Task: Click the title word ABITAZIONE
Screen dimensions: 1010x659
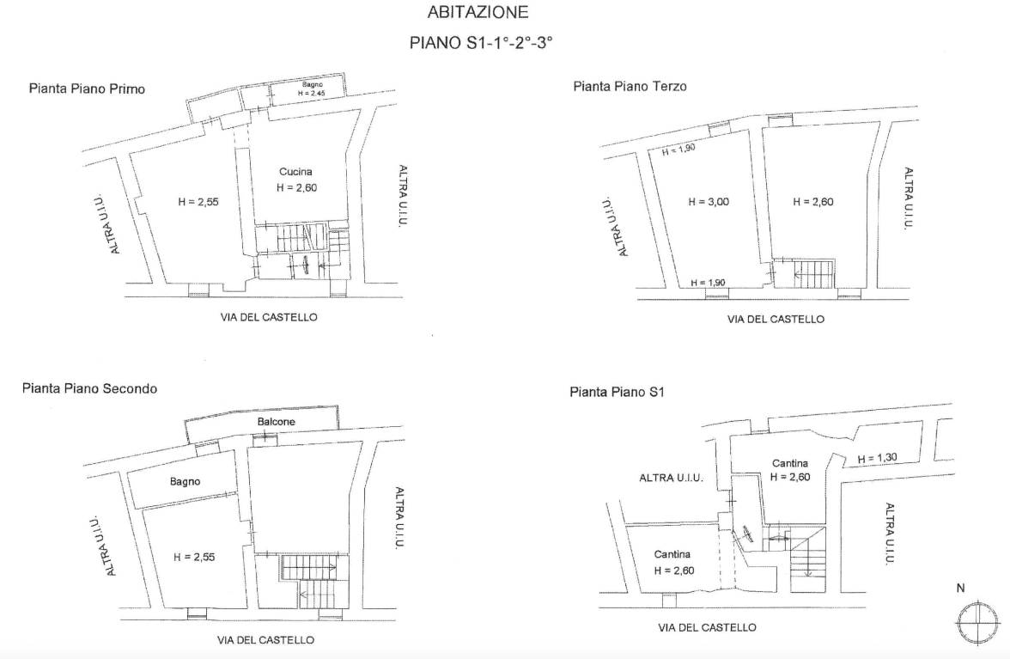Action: (478, 11)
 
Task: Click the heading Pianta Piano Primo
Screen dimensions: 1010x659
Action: (87, 88)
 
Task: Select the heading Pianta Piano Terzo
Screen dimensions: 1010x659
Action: (630, 86)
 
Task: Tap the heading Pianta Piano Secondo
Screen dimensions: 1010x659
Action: (89, 388)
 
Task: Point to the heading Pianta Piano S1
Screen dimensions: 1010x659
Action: (617, 392)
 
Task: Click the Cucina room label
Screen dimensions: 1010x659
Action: (295, 171)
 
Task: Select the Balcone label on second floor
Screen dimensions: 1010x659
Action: (277, 421)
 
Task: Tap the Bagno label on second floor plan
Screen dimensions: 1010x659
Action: (185, 481)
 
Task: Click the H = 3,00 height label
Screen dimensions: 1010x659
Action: (709, 202)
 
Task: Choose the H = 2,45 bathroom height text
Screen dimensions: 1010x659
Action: (312, 94)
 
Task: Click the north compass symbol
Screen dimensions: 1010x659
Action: (977, 624)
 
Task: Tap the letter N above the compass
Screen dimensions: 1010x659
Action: (960, 589)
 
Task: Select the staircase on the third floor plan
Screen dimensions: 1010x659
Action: (813, 274)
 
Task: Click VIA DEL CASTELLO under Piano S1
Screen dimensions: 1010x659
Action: (708, 627)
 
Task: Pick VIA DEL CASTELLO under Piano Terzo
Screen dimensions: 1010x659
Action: (776, 319)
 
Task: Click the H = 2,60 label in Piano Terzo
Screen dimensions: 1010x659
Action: (813, 202)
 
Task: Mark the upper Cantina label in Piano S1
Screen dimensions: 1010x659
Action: (790, 463)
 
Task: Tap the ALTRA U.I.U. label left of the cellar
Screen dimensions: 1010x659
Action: (672, 478)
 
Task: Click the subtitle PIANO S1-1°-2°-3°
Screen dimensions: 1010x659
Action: (482, 43)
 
